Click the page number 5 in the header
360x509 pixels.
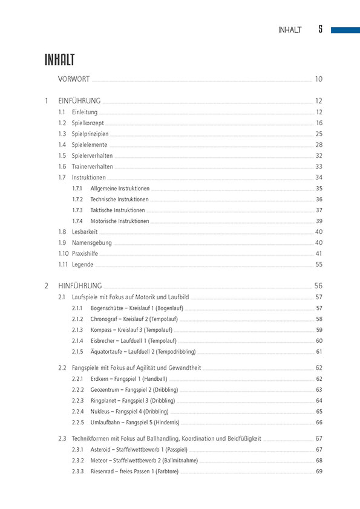pyautogui.click(x=320, y=30)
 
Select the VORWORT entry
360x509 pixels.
pyautogui.click(x=74, y=79)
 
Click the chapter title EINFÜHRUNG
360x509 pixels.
pyautogui.click(x=79, y=101)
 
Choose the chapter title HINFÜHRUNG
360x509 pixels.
pyautogui.click(x=80, y=285)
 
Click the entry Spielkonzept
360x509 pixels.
pyautogui.click(x=88, y=123)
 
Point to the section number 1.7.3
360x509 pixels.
pyautogui.click(x=77, y=210)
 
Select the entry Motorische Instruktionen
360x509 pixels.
pyautogui.click(x=120, y=221)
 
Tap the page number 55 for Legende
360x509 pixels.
pyautogui.click(x=319, y=264)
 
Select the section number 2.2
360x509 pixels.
pyautogui.click(x=62, y=368)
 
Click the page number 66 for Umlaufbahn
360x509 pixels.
pyautogui.click(x=319, y=422)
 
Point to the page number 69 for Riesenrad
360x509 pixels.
pyautogui.click(x=319, y=471)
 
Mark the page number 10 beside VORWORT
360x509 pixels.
pyautogui.click(x=319, y=79)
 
